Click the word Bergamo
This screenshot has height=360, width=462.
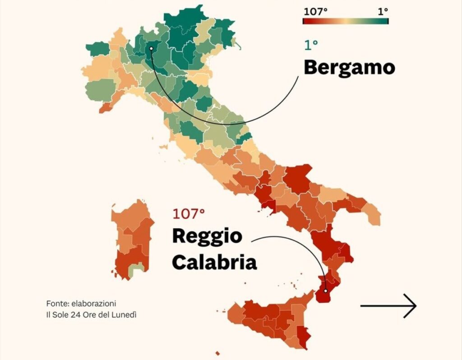pyautogui.click(x=349, y=68)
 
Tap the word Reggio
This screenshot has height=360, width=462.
pyautogui.click(x=207, y=236)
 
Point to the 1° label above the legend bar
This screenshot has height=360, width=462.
pyautogui.click(x=383, y=11)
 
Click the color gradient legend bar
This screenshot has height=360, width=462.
pyautogui.click(x=345, y=21)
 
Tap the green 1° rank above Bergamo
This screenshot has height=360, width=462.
pyautogui.click(x=310, y=45)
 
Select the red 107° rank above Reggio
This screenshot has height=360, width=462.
pyautogui.click(x=188, y=214)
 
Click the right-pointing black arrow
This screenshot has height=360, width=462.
pyautogui.click(x=388, y=305)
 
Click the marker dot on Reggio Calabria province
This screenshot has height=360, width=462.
pyautogui.click(x=325, y=291)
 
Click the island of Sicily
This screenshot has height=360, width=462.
pyautogui.click(x=271, y=318)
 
